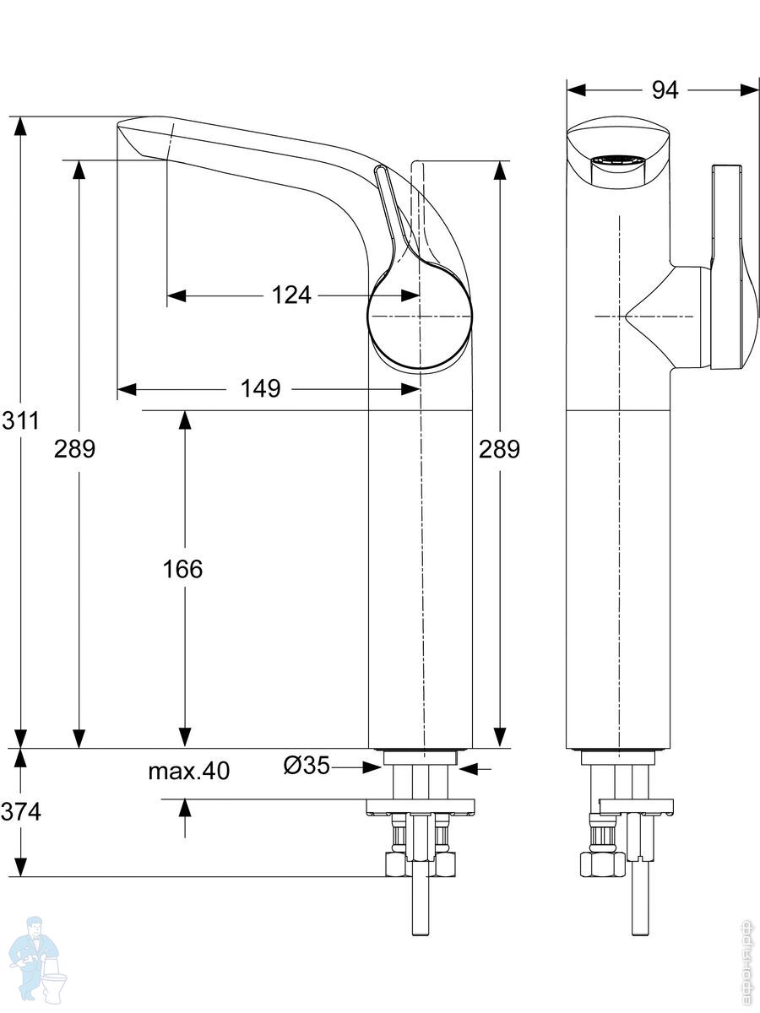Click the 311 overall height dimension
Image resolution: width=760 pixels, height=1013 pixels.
tap(19, 420)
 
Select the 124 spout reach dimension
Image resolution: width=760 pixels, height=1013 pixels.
tap(291, 295)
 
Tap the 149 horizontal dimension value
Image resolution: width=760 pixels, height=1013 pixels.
tap(260, 389)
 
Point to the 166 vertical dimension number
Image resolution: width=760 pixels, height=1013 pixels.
tap(183, 569)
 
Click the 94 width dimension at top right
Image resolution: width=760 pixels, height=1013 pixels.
tap(665, 90)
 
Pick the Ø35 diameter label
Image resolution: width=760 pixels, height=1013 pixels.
tap(306, 766)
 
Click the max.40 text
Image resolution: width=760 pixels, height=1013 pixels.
tap(189, 771)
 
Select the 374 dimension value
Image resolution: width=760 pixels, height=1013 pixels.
tap(19, 812)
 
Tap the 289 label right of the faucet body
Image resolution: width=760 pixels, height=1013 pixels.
tap(500, 449)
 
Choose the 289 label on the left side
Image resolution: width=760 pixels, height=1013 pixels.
tap(75, 449)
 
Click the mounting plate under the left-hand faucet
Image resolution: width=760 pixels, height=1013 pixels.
tap(420, 805)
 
